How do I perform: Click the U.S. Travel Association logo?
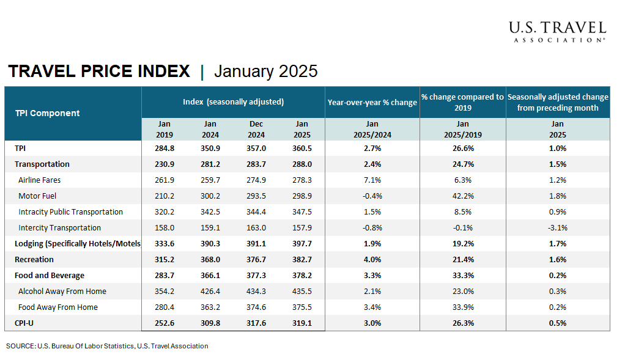pos(557,31)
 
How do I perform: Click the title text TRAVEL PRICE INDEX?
pos(99,72)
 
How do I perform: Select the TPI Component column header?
pos(48,113)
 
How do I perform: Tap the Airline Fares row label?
pos(40,180)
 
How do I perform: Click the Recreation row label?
pos(34,260)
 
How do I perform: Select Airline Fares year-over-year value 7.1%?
pos(372,180)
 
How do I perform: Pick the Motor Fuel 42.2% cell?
pos(462,196)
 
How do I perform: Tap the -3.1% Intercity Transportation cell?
pos(558,228)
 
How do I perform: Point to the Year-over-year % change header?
pos(372,102)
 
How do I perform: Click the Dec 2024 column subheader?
pos(256,130)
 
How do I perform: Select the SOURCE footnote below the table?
pos(107,346)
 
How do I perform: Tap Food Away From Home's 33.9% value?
pos(462,307)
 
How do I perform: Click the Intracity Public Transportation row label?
pos(71,212)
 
